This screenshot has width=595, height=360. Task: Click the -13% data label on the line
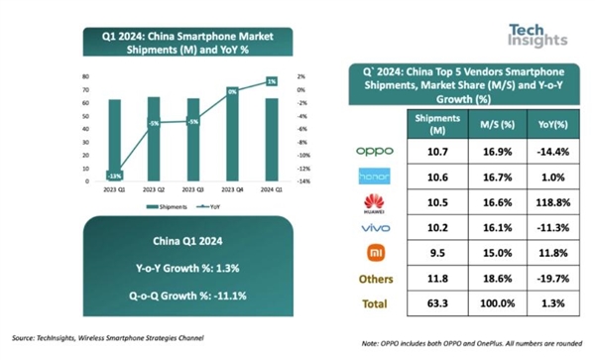(x=115, y=176)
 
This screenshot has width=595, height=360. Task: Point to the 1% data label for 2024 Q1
(x=271, y=82)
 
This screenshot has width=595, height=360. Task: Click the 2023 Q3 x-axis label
(x=193, y=187)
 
